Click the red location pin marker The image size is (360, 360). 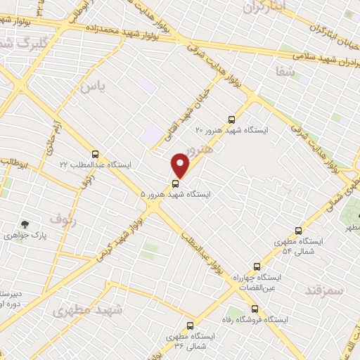tap(181, 165)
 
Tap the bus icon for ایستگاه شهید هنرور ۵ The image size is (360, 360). tap(175, 184)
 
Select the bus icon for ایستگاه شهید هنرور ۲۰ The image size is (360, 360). tap(233, 119)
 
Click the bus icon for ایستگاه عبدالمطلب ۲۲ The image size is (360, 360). tap(95, 154)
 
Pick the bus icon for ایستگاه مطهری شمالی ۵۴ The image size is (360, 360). tap(298, 231)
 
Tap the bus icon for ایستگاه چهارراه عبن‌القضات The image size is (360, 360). tap(257, 266)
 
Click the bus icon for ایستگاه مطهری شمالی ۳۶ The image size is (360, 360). tap(191, 326)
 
